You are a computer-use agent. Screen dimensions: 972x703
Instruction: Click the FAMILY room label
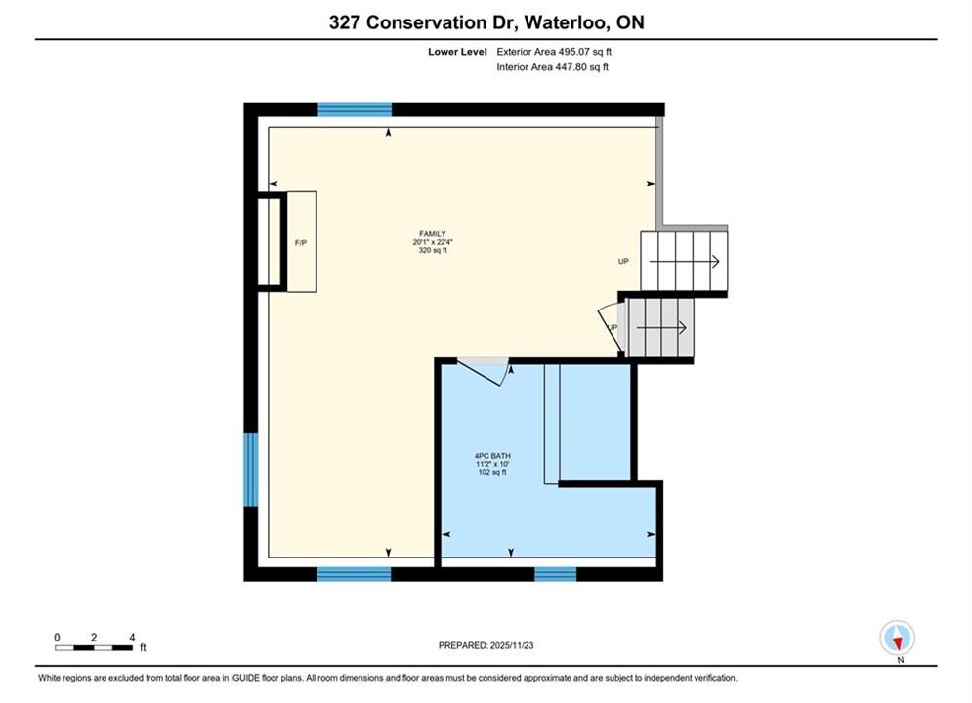(433, 234)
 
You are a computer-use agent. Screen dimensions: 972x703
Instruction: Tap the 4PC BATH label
(492, 456)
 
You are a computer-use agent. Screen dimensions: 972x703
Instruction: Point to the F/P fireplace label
(301, 243)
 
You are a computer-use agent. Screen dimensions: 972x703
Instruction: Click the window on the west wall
(250, 470)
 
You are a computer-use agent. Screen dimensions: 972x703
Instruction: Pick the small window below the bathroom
(556, 574)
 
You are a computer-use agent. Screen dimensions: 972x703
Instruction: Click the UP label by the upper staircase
(623, 262)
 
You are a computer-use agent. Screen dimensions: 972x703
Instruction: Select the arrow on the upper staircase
(685, 262)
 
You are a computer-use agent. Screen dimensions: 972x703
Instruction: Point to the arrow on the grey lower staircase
(661, 328)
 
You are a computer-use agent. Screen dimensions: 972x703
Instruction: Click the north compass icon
(897, 638)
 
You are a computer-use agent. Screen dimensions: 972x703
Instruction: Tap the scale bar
(94, 648)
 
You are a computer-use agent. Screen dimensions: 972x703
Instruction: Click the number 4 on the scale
(132, 637)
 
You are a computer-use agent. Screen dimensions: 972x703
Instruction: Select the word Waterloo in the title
(566, 22)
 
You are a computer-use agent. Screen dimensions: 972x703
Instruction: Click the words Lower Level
(457, 52)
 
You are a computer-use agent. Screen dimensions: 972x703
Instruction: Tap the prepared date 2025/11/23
(512, 645)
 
